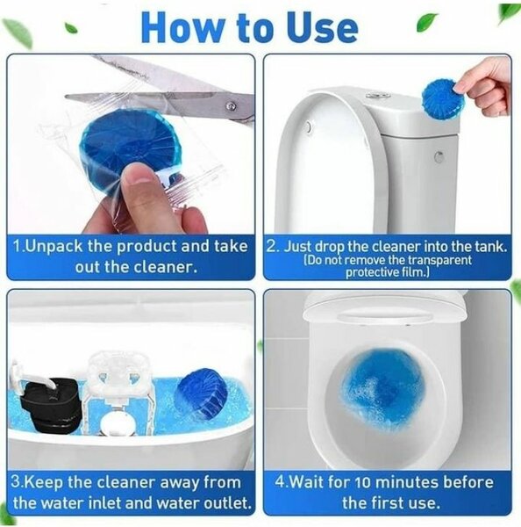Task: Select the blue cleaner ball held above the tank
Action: tap(443, 98)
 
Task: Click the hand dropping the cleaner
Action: tap(487, 83)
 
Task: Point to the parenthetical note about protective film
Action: tap(387, 265)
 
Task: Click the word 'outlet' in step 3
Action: tap(225, 503)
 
